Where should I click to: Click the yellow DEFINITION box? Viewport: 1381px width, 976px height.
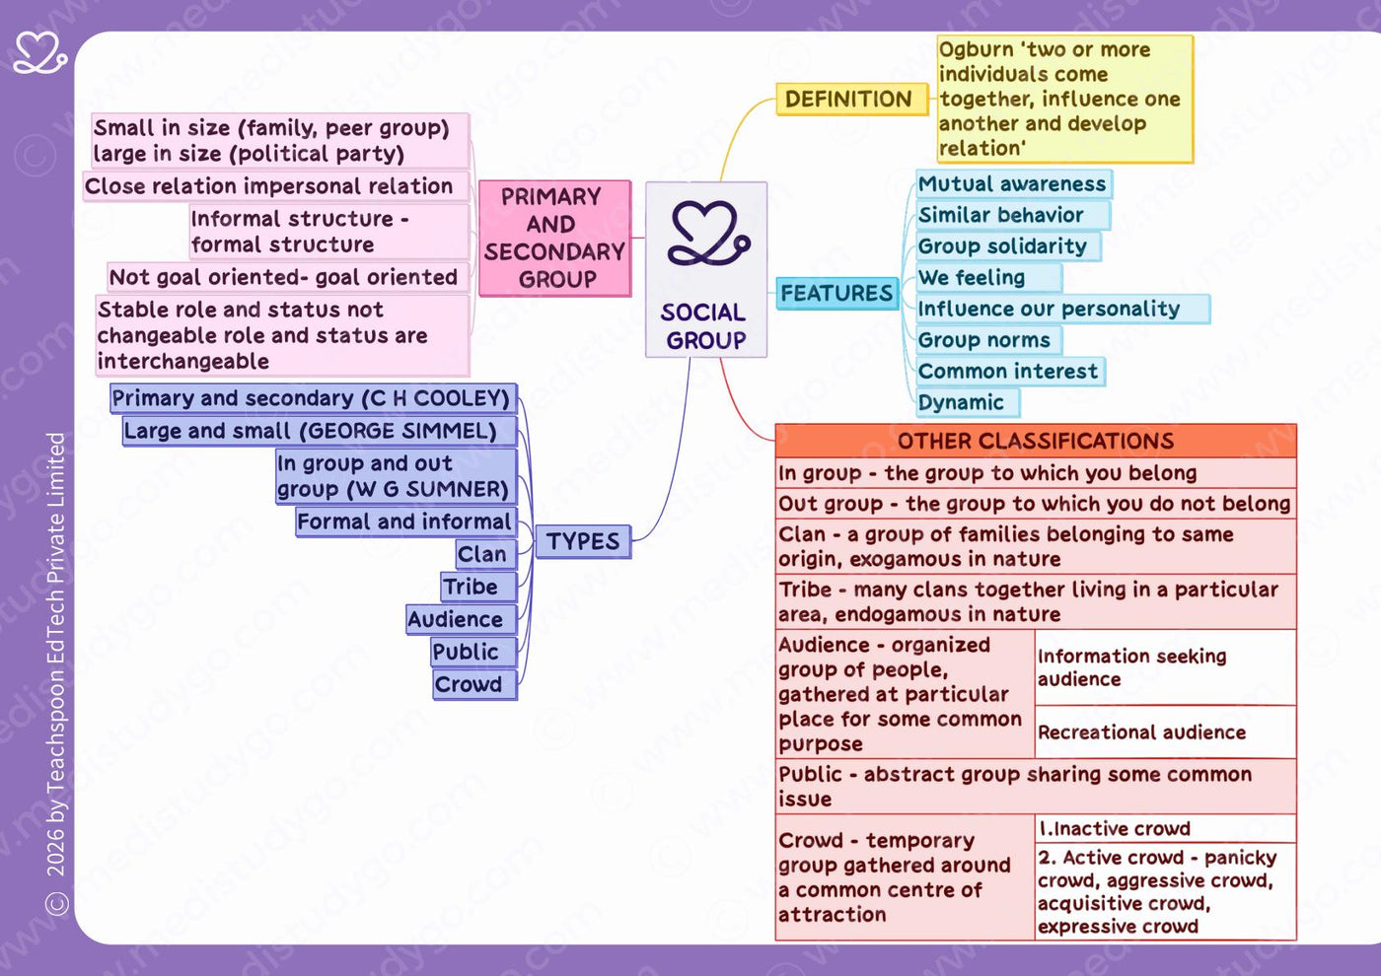click(x=852, y=100)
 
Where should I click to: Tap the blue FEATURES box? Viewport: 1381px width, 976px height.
click(x=836, y=294)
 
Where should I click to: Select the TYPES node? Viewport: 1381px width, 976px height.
click(x=583, y=541)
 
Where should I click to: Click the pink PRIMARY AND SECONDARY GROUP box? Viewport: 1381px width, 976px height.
click(x=554, y=239)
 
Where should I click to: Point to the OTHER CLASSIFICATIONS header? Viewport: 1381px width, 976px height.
click(x=1036, y=442)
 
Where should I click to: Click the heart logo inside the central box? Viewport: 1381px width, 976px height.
click(x=708, y=234)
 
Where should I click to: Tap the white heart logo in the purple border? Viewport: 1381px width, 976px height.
click(x=40, y=53)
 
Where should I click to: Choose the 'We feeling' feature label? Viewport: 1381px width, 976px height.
click(x=988, y=278)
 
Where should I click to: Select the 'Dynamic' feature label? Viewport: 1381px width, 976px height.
click(x=968, y=403)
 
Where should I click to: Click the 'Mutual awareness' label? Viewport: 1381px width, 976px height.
click(x=1014, y=184)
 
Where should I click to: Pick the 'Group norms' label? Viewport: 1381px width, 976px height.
click(x=988, y=340)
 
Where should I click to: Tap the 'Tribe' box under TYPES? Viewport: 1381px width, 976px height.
click(x=479, y=587)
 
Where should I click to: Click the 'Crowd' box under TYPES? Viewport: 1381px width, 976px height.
click(x=474, y=684)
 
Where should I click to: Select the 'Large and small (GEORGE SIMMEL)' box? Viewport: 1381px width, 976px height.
click(x=320, y=432)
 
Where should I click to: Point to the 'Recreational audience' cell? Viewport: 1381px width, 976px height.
click(x=1165, y=732)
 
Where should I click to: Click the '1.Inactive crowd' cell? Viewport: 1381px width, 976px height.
click(x=1165, y=829)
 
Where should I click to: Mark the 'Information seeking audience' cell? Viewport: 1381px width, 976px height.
click(x=1165, y=667)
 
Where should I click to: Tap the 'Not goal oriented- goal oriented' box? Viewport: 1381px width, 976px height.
click(x=288, y=277)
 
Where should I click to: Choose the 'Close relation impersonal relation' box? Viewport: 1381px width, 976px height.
click(x=276, y=186)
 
